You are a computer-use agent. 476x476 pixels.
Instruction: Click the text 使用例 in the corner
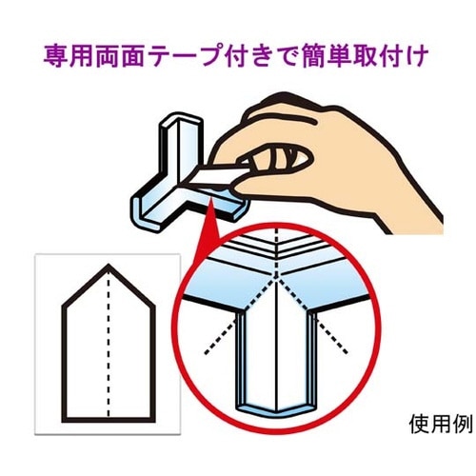(442, 424)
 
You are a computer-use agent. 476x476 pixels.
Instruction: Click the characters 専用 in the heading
(65, 57)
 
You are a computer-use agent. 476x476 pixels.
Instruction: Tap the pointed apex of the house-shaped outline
(109, 265)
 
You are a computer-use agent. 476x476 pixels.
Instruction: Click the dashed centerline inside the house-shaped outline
(109, 341)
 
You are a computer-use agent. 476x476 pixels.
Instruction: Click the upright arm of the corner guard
(180, 145)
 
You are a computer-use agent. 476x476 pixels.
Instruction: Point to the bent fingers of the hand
(276, 159)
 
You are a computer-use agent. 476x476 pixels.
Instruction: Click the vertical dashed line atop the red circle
(277, 250)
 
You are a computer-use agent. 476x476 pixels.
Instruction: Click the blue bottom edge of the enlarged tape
(276, 410)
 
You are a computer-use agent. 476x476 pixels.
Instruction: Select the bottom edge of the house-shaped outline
(109, 420)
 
